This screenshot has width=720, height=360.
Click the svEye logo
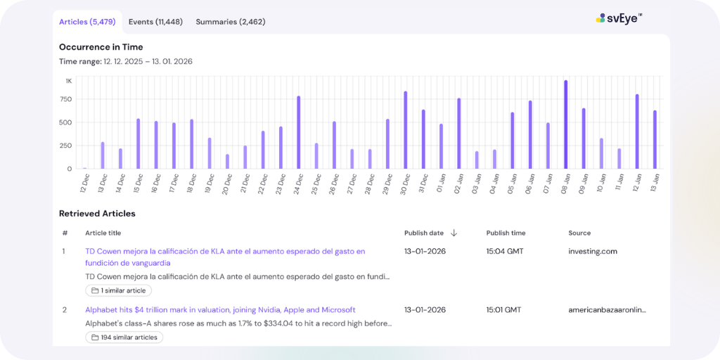[619, 18]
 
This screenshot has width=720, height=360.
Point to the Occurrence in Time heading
[101, 47]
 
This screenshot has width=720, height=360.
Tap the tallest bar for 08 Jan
[565, 124]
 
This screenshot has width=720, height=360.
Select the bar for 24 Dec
[298, 132]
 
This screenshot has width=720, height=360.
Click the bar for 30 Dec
[405, 130]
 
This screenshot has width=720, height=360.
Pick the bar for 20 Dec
[227, 162]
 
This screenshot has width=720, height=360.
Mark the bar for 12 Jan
[637, 131]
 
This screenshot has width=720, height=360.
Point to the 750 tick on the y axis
[65, 99]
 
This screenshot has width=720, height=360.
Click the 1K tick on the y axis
[68, 81]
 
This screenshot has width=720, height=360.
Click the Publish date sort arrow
[454, 233]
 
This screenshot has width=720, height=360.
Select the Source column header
[579, 233]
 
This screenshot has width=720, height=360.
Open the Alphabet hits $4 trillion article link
[220, 309]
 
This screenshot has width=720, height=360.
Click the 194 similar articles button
[124, 337]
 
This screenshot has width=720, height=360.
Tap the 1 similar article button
[118, 290]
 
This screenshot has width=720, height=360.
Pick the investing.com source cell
[592, 251]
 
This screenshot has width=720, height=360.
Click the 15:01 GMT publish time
[503, 309]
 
